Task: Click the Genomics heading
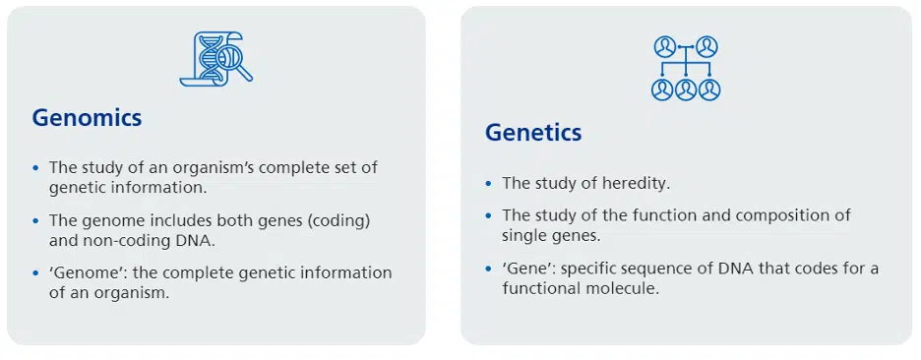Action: (87, 119)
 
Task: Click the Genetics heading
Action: (533, 133)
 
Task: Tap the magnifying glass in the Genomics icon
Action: (234, 61)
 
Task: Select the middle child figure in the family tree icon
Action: (686, 90)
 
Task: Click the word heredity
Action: (637, 184)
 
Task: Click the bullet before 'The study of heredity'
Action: (488, 184)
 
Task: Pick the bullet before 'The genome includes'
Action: (35, 221)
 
